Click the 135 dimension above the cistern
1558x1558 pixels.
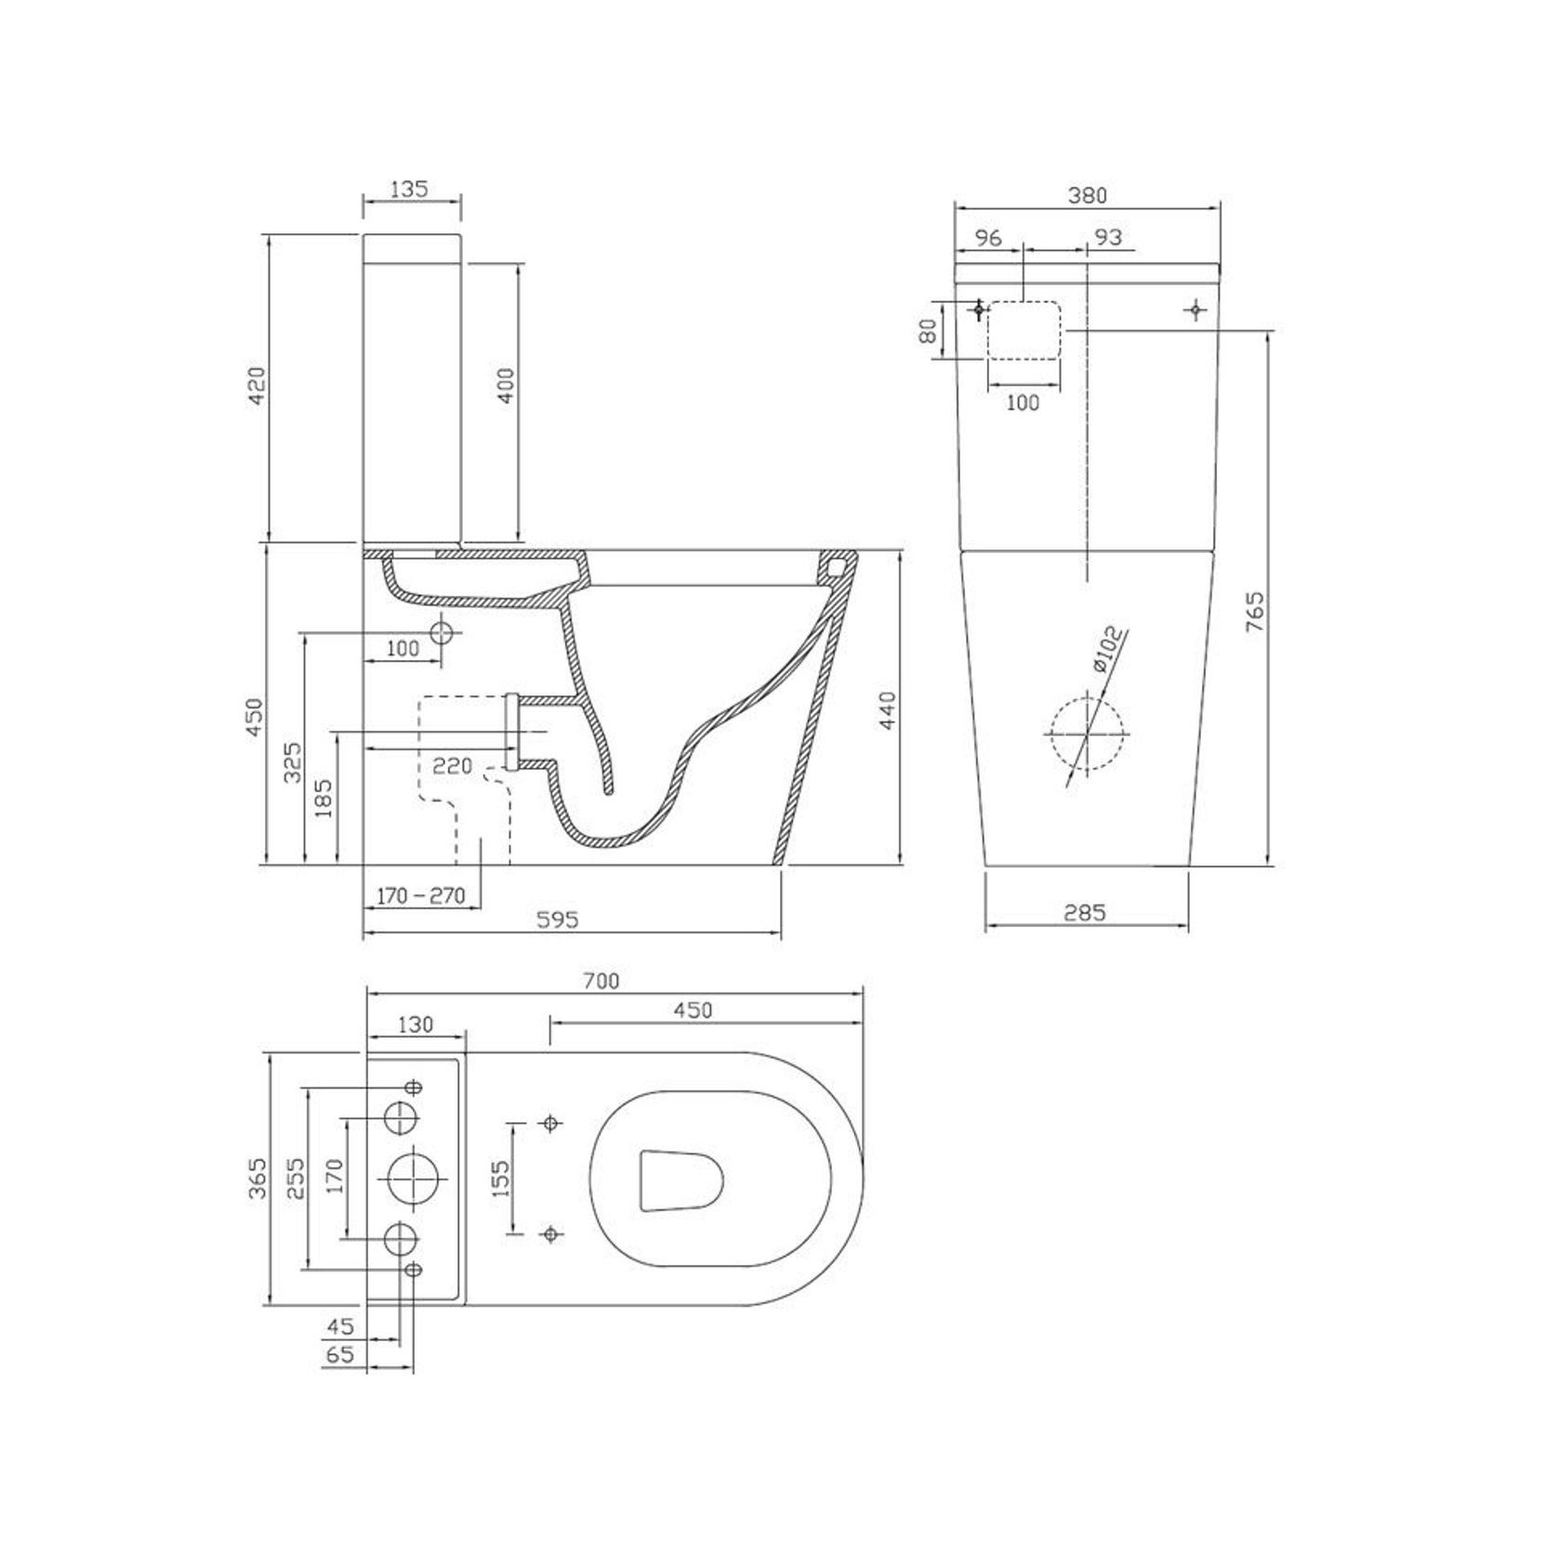tap(409, 189)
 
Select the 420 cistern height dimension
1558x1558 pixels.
tap(257, 385)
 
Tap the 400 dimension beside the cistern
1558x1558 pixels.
tap(506, 385)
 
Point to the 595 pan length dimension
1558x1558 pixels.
tap(558, 919)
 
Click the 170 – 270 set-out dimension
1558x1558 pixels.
tap(421, 896)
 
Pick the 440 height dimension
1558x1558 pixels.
tap(887, 710)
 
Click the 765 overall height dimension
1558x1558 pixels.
tap(1255, 612)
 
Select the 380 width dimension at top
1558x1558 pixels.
tap(1088, 195)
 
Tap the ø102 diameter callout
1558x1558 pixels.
tap(1107, 651)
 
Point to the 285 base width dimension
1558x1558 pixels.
tap(1085, 913)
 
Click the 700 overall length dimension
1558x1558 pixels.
tap(601, 981)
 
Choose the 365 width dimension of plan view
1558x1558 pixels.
tap(257, 1178)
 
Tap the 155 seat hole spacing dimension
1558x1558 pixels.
tap(499, 1179)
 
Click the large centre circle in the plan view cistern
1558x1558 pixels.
tap(412, 1178)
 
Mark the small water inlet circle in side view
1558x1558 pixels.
tap(442, 633)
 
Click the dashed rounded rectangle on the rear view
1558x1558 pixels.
tap(1023, 330)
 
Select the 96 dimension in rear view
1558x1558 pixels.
tap(987, 238)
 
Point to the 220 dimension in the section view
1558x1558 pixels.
tap(453, 766)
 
